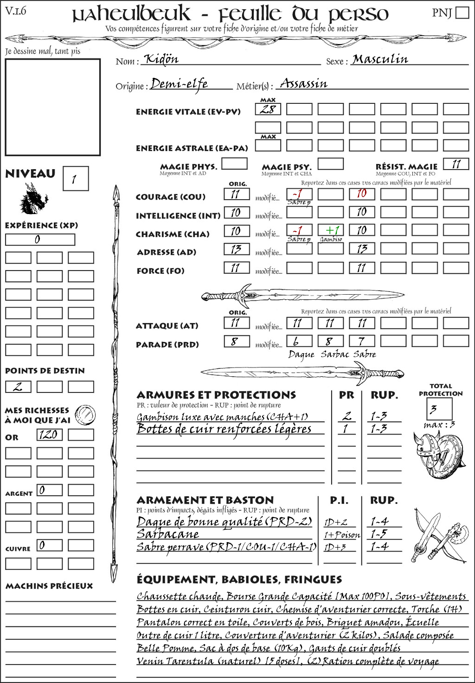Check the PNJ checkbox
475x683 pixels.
pos(462,13)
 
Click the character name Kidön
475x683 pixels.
pos(161,59)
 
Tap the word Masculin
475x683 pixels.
pos(380,59)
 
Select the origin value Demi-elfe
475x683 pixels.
pos(179,84)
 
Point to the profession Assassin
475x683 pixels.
pos(304,84)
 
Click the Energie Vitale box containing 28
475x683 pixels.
pos(268,109)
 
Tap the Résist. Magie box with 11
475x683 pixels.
pos(456,164)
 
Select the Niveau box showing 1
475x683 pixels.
pos(75,179)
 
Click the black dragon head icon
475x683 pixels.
pos(34,199)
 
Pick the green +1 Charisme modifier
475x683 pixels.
pos(331,230)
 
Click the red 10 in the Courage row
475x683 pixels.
pos(362,193)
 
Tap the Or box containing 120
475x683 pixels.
pos(49,435)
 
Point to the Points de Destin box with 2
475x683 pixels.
pos(18,386)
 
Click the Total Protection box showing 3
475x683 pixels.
pos(439,409)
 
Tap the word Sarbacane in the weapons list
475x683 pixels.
pos(168,534)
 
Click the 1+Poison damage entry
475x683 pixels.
pos(341,535)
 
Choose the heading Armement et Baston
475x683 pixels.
pos(205,500)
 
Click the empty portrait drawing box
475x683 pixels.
pos(52,107)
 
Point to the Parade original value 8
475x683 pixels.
pos(237,341)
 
